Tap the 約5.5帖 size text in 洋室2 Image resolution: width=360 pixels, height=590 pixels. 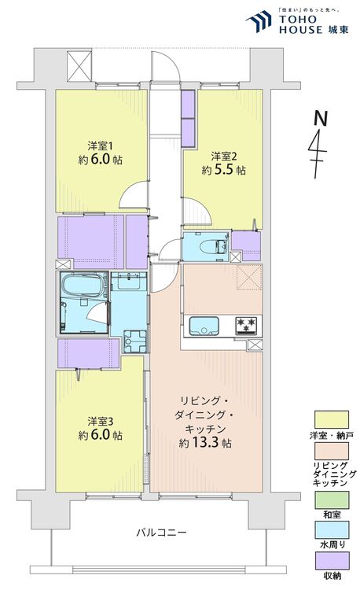223,169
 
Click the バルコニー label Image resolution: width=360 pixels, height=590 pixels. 160,533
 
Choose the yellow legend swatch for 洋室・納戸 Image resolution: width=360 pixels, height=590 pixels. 330,419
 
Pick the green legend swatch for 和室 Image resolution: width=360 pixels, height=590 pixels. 330,497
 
